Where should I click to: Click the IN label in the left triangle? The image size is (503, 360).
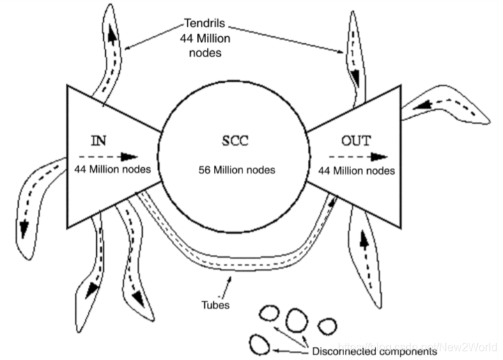click(x=98, y=139)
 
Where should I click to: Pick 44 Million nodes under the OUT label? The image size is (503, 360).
click(x=355, y=169)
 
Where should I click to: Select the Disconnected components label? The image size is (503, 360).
click(x=374, y=352)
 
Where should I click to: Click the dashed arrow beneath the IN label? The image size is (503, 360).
click(x=108, y=156)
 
